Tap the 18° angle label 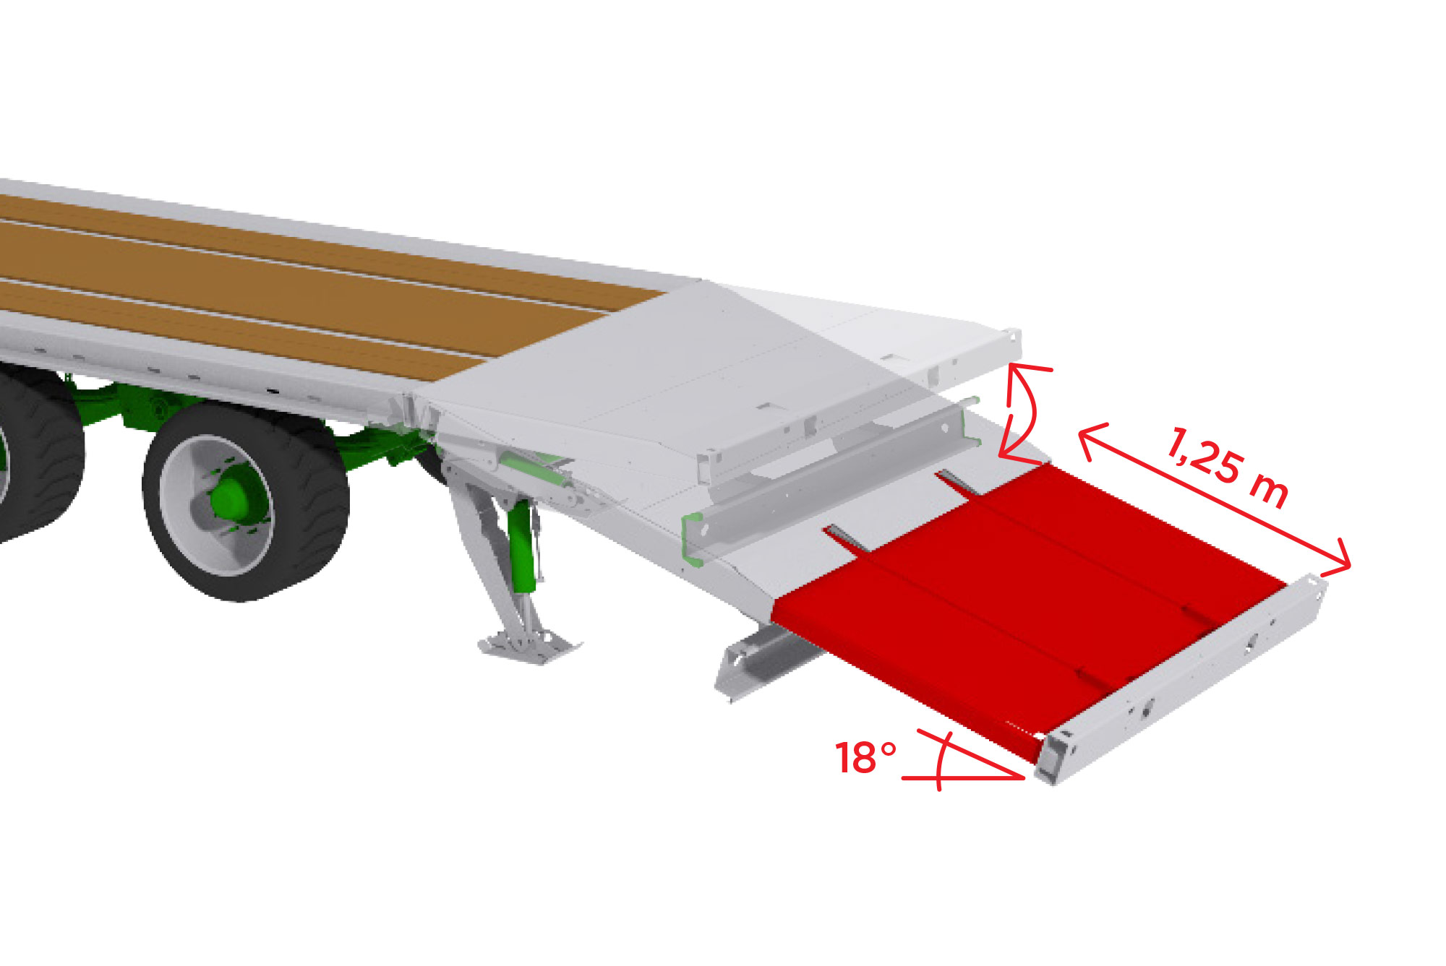pyautogui.click(x=865, y=758)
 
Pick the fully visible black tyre pyautogui.click(x=246, y=501)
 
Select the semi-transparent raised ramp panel pyautogui.click(x=723, y=376)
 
